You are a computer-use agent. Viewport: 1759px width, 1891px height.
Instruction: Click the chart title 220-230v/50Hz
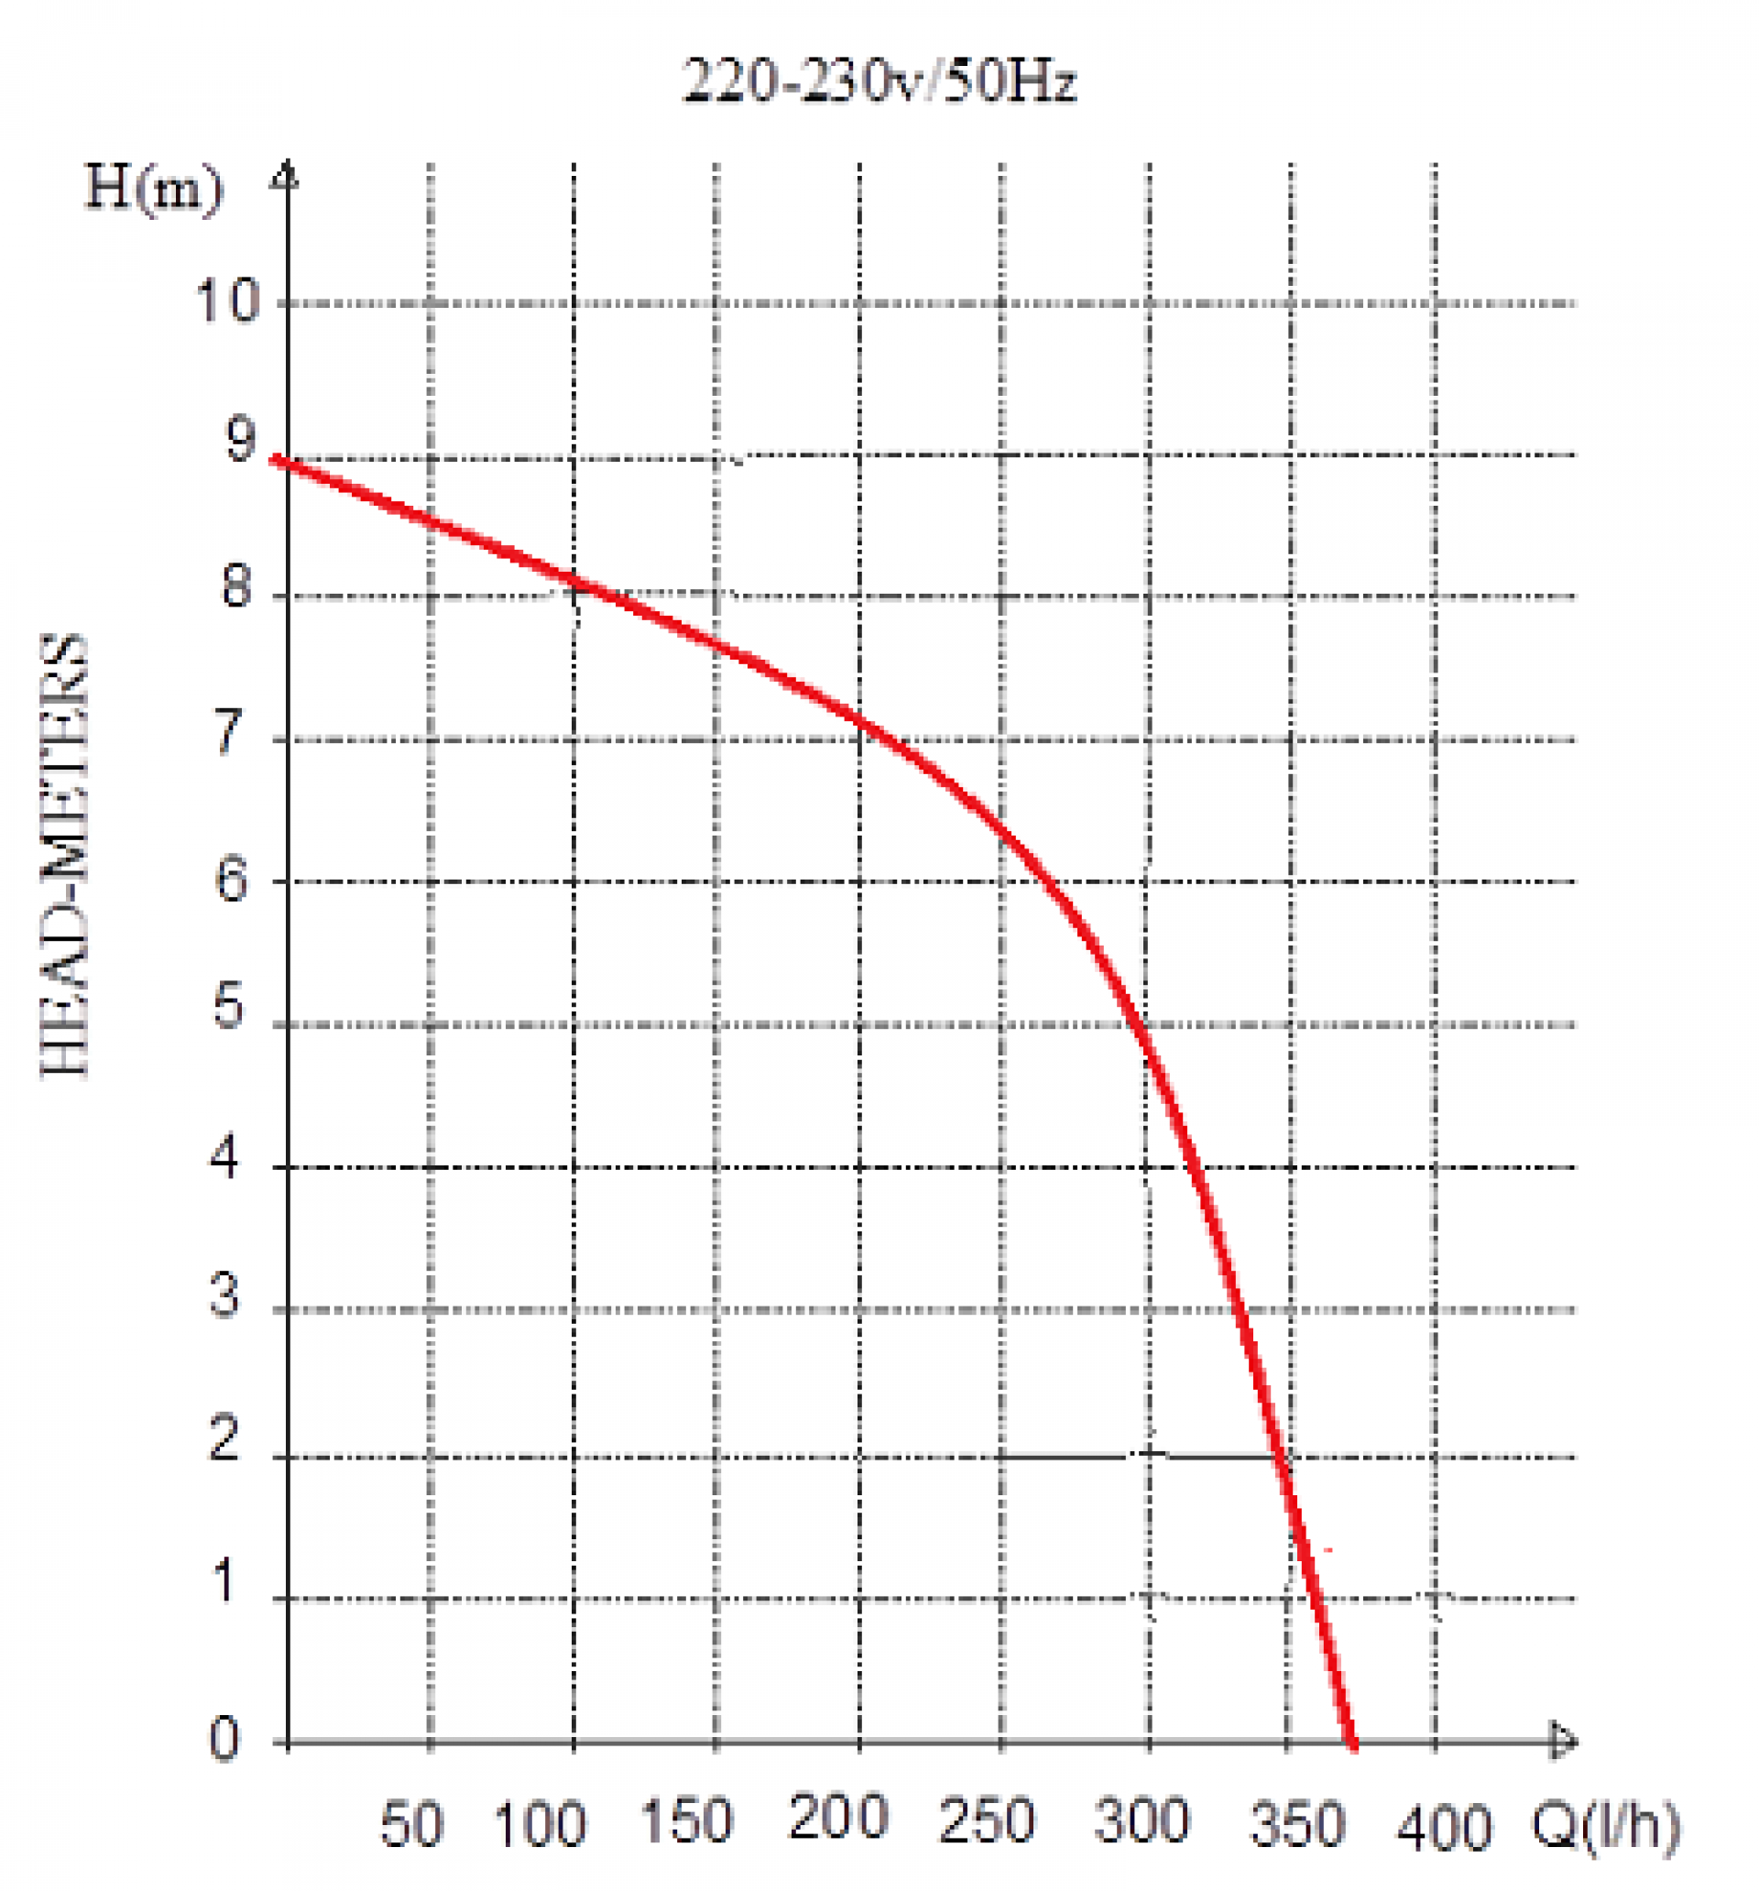click(878, 81)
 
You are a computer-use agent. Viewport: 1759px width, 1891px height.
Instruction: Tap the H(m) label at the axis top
click(153, 189)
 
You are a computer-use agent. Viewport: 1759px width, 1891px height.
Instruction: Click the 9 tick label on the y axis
click(240, 440)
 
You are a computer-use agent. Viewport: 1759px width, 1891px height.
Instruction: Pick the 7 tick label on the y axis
click(229, 732)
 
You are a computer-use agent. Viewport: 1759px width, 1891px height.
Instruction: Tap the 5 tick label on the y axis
click(228, 1006)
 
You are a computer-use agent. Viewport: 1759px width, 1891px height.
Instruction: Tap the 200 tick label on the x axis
click(837, 1817)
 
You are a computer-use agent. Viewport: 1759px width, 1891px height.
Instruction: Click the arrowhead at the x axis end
click(1564, 1742)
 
